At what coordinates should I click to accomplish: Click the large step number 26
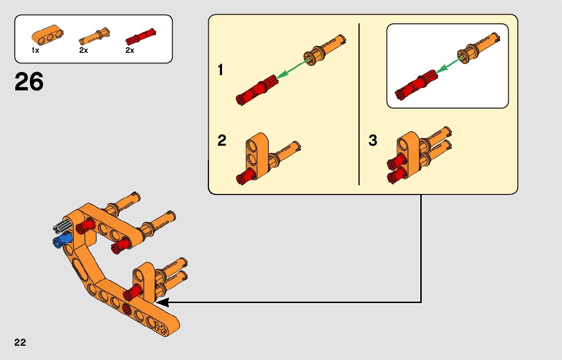coord(29,82)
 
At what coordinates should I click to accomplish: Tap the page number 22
coord(20,342)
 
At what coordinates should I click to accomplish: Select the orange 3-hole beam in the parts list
coord(47,34)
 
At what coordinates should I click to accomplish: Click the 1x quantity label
coord(35,51)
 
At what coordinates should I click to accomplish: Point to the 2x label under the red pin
coord(130,51)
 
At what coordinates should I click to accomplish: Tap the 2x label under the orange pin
coord(83,51)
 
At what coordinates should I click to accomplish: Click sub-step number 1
coord(221,70)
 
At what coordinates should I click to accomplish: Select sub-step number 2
coord(222,141)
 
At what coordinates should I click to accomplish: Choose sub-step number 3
coord(373,141)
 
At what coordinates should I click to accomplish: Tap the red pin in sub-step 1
coord(257,89)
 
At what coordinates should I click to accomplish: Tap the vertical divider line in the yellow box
coord(359,104)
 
